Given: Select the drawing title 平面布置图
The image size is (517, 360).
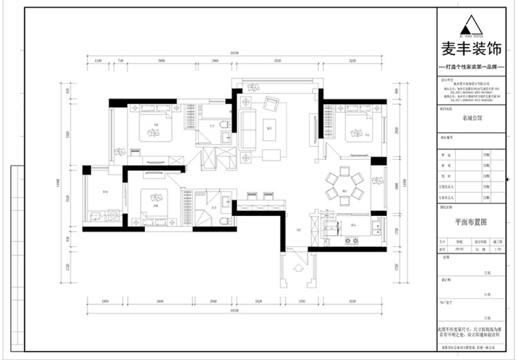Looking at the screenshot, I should click(472, 223).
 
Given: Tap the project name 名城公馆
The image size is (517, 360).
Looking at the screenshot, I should click(472, 118).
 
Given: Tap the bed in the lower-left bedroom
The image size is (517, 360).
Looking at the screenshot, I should click(156, 203).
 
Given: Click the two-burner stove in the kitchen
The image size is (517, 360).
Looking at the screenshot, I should click(352, 240).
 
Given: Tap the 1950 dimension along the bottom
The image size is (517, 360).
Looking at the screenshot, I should click(105, 301).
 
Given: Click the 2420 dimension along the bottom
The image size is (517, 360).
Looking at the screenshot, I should click(258, 301).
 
